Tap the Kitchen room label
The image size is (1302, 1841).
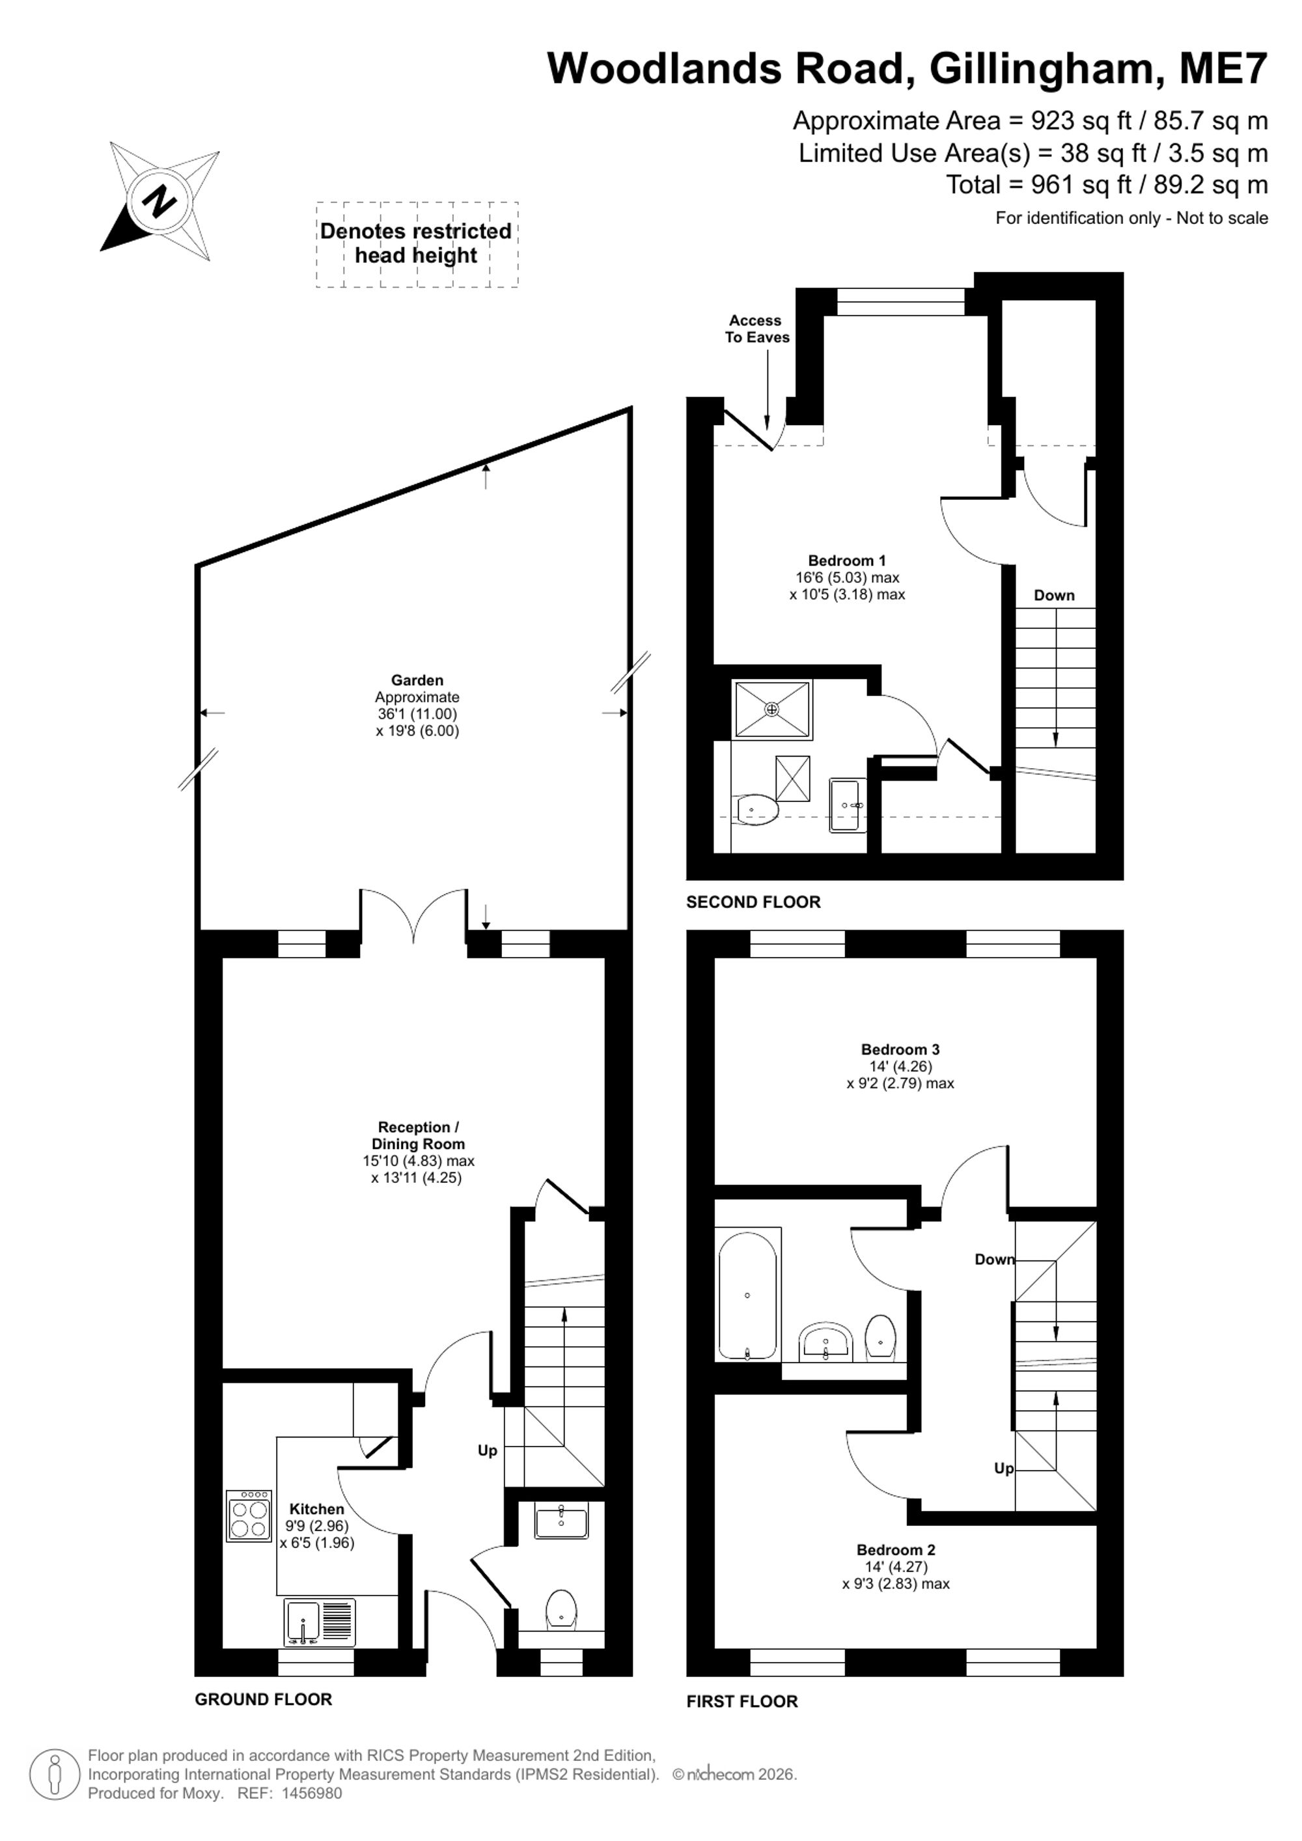tap(316, 1509)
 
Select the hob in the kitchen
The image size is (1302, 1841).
tap(249, 1516)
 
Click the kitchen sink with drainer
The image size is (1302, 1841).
tap(319, 1622)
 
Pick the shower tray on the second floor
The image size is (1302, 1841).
tap(772, 710)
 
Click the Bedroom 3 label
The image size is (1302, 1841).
tap(900, 1049)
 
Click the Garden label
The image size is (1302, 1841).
tap(417, 680)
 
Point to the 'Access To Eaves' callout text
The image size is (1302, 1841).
tap(757, 329)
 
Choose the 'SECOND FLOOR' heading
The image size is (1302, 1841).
tap(754, 902)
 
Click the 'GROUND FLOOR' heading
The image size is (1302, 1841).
tap(263, 1699)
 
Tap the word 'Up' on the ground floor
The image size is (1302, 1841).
tap(488, 1450)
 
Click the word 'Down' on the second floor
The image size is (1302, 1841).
tap(1053, 595)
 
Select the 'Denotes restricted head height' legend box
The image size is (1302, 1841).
tap(417, 245)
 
